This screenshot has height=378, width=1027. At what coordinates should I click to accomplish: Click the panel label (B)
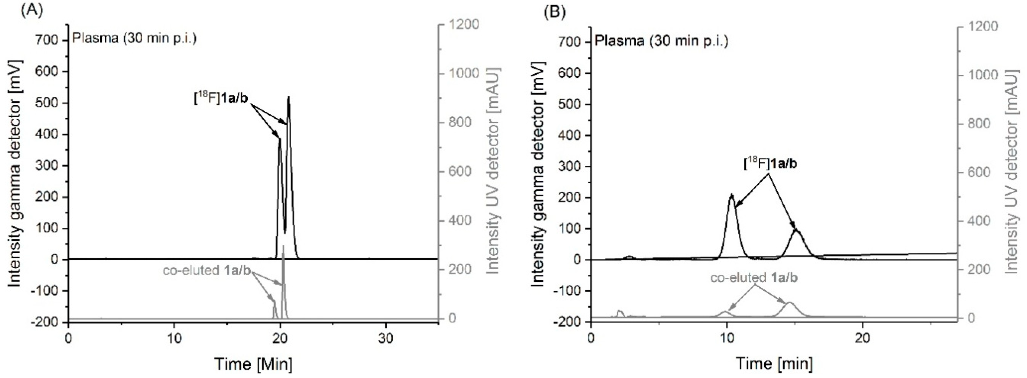[x=555, y=12]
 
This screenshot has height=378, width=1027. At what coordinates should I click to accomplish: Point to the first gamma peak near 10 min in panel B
[x=731, y=196]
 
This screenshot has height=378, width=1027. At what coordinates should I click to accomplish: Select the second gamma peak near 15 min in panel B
[x=796, y=230]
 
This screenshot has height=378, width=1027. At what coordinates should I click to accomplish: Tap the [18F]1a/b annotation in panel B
[x=770, y=164]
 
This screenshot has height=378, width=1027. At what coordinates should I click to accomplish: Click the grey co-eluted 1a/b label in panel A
[x=206, y=271]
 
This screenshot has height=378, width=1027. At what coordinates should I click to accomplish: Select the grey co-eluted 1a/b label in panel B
[x=754, y=278]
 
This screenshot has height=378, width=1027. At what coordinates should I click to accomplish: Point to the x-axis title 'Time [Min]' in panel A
[x=254, y=364]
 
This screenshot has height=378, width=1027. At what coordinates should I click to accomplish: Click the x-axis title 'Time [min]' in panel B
[x=774, y=363]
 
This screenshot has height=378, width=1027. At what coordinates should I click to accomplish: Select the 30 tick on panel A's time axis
[x=385, y=339]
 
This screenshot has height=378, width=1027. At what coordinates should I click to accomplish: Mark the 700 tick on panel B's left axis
[x=571, y=42]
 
